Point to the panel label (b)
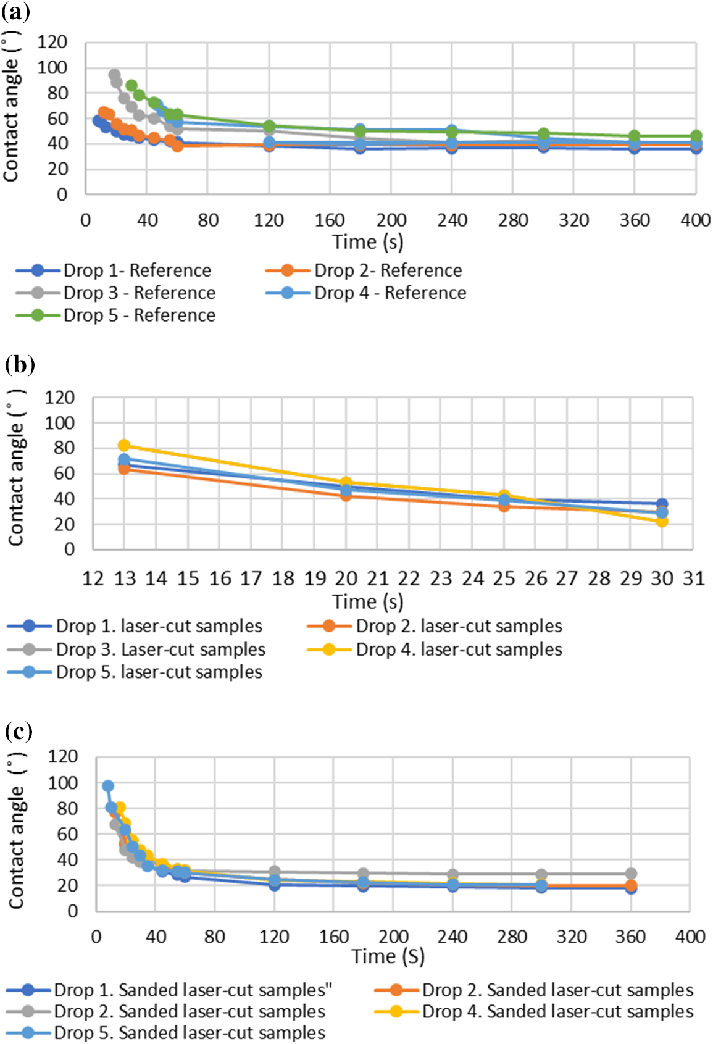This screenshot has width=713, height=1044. [x=20, y=364]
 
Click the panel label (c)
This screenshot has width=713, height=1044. [x=19, y=731]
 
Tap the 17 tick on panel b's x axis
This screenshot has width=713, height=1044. [x=251, y=578]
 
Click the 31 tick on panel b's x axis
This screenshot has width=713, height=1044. [x=693, y=578]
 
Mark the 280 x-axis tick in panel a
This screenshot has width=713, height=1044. [x=513, y=220]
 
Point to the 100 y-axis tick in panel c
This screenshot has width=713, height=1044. [x=63, y=783]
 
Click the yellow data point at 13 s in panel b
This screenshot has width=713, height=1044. [x=124, y=446]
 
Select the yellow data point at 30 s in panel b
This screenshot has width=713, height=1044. [x=662, y=521]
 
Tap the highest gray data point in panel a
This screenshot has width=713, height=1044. [x=114, y=75]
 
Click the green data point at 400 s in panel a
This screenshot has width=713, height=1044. [x=696, y=136]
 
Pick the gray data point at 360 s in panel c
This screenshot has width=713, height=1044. [x=630, y=874]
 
